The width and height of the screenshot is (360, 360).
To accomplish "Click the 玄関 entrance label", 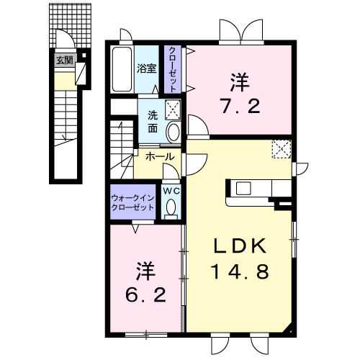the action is [x=65, y=60].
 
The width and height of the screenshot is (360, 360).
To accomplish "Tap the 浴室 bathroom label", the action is [x=147, y=68].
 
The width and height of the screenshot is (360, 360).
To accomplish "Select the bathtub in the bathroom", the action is [x=122, y=69].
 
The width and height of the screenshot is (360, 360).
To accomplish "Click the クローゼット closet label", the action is [x=172, y=69].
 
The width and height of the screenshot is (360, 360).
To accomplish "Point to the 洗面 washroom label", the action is [x=153, y=122].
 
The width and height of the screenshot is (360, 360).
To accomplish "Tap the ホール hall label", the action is [x=160, y=157].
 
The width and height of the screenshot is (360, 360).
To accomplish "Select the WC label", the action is [x=171, y=191].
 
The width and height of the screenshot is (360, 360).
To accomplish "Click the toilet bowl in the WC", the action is [x=171, y=207].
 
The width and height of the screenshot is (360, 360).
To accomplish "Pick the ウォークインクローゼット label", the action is [x=132, y=203].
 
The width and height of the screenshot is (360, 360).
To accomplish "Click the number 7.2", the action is [x=240, y=107].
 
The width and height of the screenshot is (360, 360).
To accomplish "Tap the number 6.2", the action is [x=145, y=294].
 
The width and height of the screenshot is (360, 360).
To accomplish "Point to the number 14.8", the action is [x=240, y=271].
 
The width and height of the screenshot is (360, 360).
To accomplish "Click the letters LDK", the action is [x=240, y=246].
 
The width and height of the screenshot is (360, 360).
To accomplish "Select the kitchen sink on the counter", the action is [x=243, y=189].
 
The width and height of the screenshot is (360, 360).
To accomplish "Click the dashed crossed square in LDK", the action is [x=282, y=149].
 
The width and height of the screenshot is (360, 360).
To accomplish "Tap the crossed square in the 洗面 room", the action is [x=173, y=110].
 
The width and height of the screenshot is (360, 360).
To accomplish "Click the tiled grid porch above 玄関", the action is [x=70, y=25].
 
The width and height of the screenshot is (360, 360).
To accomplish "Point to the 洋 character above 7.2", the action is [x=240, y=82].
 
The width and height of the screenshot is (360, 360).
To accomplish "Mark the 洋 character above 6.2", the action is [x=145, y=271].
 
